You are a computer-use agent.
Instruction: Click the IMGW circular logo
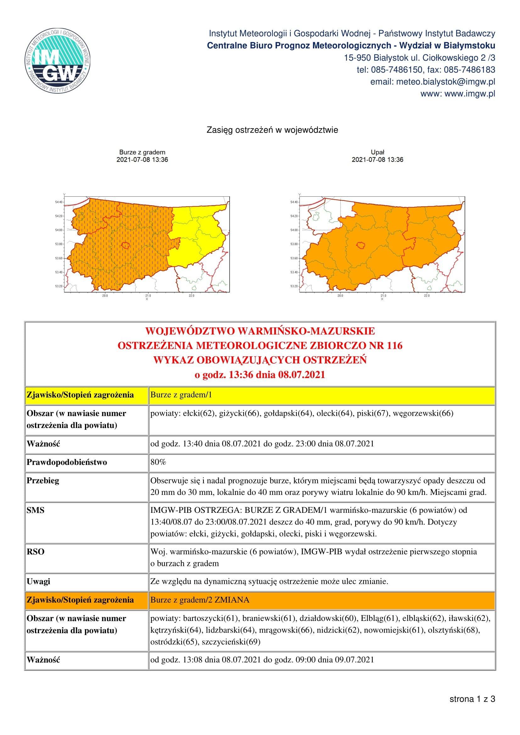[x=58, y=61]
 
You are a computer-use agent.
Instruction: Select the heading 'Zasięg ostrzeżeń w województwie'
[x=272, y=130]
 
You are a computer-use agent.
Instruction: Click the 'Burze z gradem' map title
[x=142, y=152]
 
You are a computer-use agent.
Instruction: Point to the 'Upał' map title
[x=377, y=152]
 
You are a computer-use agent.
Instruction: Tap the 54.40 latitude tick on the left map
[x=59, y=202]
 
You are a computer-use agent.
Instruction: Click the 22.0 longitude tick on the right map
[x=427, y=295]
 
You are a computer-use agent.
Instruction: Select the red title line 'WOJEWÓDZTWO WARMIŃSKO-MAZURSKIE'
[x=260, y=331]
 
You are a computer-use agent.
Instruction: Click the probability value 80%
[x=158, y=462]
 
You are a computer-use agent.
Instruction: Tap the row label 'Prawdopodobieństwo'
[x=67, y=462]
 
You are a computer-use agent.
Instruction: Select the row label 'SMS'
[x=35, y=510]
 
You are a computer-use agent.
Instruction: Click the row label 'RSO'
[x=35, y=551]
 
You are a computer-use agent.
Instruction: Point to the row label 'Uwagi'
[x=38, y=581]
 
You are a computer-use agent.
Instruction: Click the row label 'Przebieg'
[x=42, y=480]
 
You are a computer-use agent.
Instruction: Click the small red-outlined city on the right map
[x=361, y=245]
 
